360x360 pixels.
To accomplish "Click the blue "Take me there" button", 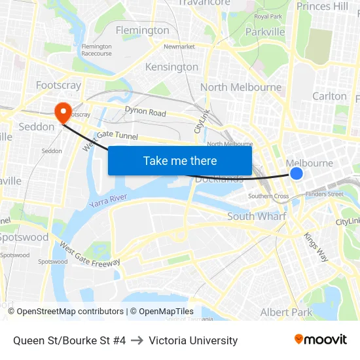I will pos(180,160).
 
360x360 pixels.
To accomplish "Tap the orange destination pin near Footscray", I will pos(63,112).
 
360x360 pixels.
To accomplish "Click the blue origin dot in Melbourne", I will pos(297,173).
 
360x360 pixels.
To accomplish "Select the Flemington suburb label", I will pos(142,30).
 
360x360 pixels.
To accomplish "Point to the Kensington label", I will pos(171,67).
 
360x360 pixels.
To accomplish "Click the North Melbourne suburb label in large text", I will pos(241,87).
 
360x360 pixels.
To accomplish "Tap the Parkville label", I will pos(265,31).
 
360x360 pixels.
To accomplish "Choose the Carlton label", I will pos(329,96).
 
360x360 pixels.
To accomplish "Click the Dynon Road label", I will pos(145,113).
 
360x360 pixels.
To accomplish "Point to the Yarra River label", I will pos(108,201).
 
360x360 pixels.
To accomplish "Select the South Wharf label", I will pos(257,216).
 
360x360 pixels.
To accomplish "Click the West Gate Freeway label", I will pos(90,254).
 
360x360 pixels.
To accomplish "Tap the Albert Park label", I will pos(287,312).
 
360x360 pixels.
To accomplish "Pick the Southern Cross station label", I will pos(268,196).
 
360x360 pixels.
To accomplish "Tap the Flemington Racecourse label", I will pos(96,50).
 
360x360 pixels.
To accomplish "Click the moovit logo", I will pos(320,339).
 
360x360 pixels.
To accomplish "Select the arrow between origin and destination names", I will pos(137,340).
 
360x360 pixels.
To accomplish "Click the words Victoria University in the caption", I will pos(193,340).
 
